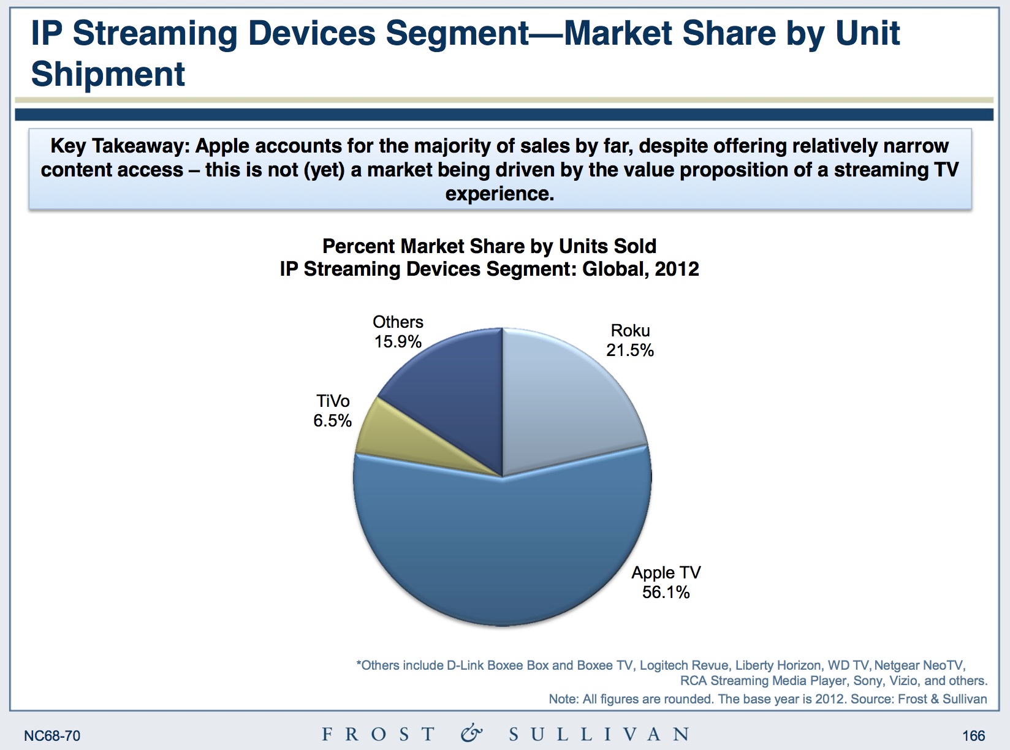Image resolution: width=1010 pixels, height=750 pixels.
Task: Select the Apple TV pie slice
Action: click(503, 551)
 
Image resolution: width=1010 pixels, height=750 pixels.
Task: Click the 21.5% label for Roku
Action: click(630, 350)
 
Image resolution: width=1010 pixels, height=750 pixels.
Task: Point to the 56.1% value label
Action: click(666, 593)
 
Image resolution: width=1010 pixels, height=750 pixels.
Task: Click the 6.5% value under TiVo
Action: click(332, 421)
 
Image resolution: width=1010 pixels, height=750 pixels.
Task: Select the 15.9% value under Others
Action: click(398, 342)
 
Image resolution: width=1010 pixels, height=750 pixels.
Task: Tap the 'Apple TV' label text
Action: click(666, 573)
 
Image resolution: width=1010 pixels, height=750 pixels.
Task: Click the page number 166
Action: click(973, 736)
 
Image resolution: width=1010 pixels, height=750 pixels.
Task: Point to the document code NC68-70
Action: click(52, 736)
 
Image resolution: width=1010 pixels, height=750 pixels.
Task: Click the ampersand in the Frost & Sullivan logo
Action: click(471, 733)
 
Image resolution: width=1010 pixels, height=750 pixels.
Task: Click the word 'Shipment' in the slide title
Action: click(108, 74)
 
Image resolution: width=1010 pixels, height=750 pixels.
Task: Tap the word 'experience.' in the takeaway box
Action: click(499, 194)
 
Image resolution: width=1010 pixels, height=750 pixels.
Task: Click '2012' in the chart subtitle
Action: click(676, 269)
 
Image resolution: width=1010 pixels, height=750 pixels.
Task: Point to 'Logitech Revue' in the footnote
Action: click(684, 665)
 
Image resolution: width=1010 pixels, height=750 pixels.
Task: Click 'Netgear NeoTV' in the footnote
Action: click(919, 665)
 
